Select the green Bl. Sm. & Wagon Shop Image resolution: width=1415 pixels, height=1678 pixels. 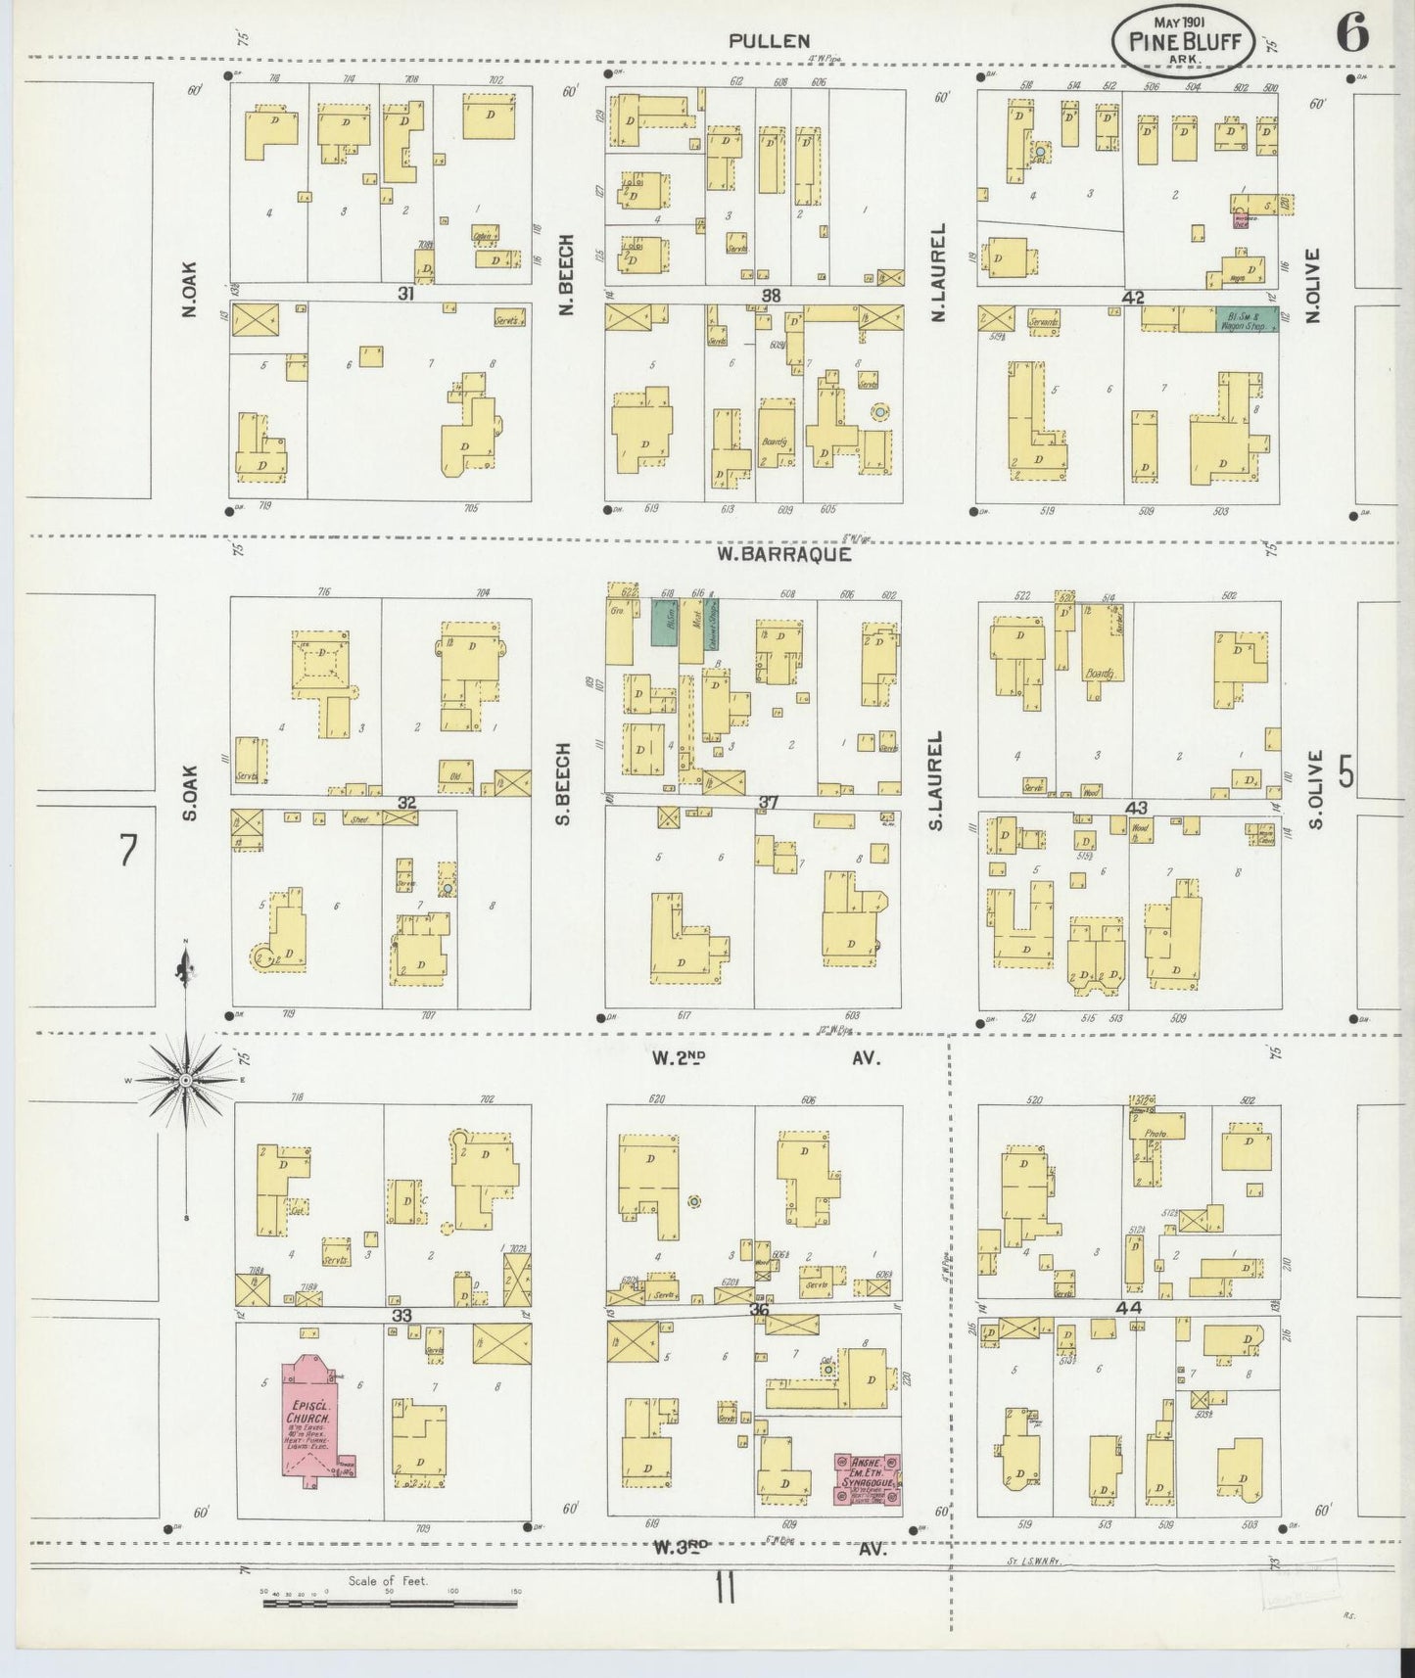point(1246,319)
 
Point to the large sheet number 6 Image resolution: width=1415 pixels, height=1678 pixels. point(1350,35)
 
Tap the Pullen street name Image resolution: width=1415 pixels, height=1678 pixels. point(769,41)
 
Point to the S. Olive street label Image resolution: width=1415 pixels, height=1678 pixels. point(1314,789)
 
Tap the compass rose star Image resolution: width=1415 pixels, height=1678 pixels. point(185,1080)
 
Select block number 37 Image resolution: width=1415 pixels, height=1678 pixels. point(769,803)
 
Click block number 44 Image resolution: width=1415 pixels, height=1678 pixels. point(1135,1308)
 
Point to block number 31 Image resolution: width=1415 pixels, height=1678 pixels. point(405,294)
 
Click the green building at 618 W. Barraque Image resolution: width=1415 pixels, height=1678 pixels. point(666,621)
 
